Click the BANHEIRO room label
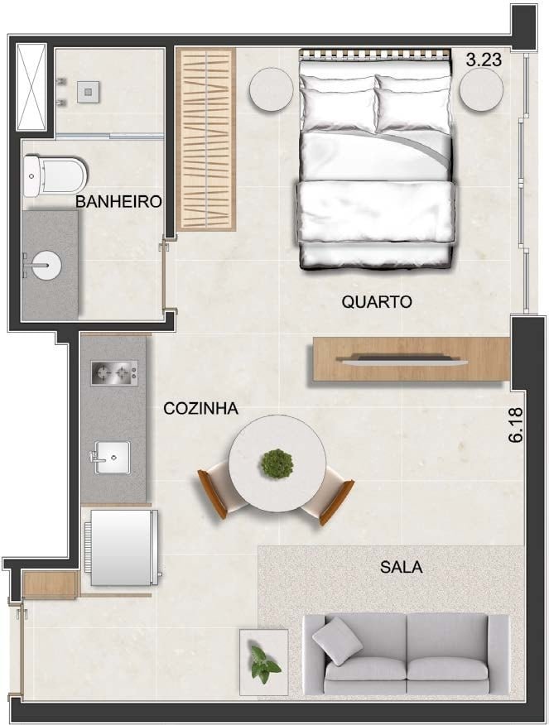click(118, 202)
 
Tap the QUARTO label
click(377, 302)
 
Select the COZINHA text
click(200, 408)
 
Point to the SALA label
click(401, 567)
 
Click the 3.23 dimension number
click(484, 60)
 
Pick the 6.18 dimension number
click(516, 425)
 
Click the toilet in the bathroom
click(55, 175)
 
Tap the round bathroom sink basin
click(46, 265)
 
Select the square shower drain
click(88, 91)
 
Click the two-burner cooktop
click(114, 372)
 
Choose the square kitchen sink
click(113, 458)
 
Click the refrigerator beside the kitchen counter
click(123, 547)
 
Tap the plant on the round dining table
click(277, 463)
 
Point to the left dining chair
click(219, 492)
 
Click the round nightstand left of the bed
click(272, 89)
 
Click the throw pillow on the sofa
click(338, 641)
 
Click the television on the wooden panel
click(401, 359)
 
